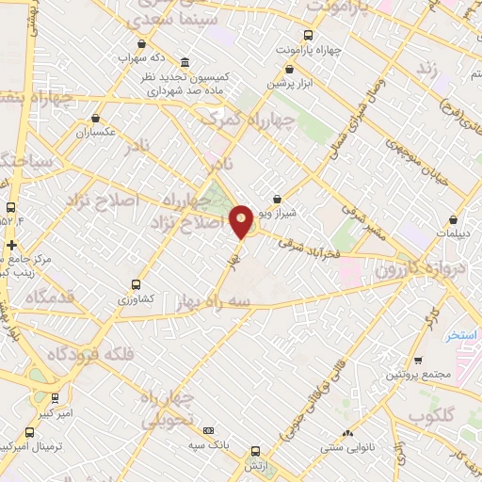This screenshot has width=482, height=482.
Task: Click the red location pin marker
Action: [x=242, y=220]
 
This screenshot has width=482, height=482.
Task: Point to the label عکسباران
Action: [x=96, y=131]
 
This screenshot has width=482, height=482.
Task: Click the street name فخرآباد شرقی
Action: [x=303, y=246]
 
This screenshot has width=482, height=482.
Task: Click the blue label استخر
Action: [x=462, y=334]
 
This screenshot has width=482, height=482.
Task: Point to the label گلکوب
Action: [x=432, y=415]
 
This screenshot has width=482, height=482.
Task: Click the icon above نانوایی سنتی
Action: [x=348, y=433]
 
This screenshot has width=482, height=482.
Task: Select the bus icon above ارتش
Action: [x=255, y=451]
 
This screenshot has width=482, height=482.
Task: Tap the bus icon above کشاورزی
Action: [x=137, y=283]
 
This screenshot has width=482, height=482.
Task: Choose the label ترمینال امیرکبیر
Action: [x=32, y=442]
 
